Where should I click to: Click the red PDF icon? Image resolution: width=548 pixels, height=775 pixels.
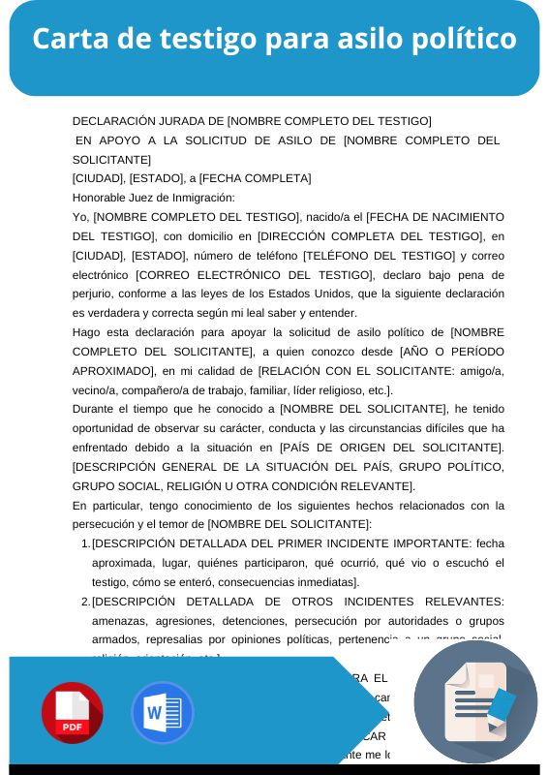[72, 713]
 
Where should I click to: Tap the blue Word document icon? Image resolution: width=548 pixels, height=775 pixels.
[162, 713]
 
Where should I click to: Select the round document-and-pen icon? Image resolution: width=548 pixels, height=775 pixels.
[475, 702]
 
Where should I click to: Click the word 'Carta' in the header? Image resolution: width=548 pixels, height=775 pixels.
[69, 40]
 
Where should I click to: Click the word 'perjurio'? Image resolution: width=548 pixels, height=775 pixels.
[95, 294]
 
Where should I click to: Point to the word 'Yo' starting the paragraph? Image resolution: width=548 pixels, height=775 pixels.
[79, 216]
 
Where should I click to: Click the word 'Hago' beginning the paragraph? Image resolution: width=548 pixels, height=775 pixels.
[87, 332]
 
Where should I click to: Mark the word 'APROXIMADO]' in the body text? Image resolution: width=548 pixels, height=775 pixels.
[112, 371]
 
